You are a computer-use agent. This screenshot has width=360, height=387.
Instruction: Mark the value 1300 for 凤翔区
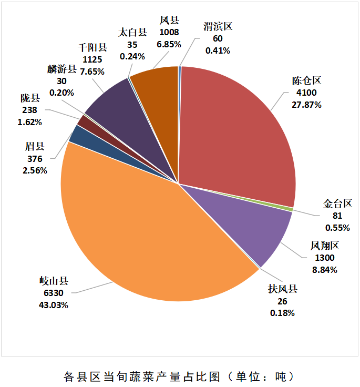click(x=323, y=258)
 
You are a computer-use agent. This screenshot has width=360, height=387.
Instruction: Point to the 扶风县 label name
click(x=283, y=290)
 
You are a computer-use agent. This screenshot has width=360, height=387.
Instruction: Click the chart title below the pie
click(x=179, y=376)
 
